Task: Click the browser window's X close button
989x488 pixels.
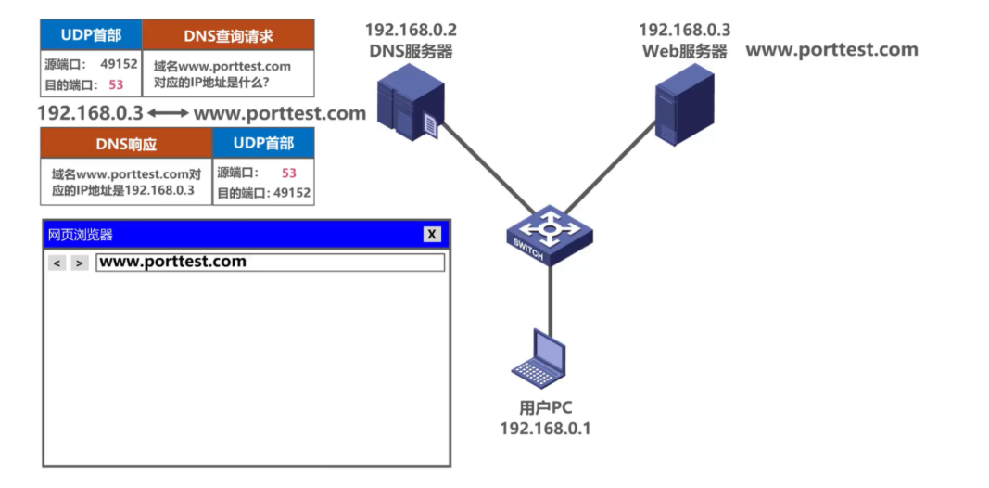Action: (x=432, y=235)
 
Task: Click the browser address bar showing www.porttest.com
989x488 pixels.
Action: (x=270, y=263)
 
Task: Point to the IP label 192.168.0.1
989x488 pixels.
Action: (x=545, y=429)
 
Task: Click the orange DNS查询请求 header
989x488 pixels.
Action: (x=227, y=35)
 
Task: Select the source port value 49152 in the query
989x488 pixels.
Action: (x=119, y=65)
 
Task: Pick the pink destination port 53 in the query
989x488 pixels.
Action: (x=116, y=84)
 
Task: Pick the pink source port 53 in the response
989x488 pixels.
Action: (x=289, y=173)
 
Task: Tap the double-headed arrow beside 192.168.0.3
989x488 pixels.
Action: (x=169, y=114)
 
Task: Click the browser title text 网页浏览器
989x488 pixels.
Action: (x=81, y=235)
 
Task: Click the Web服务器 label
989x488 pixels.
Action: (x=685, y=52)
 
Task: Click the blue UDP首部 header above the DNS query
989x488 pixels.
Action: (x=90, y=35)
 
